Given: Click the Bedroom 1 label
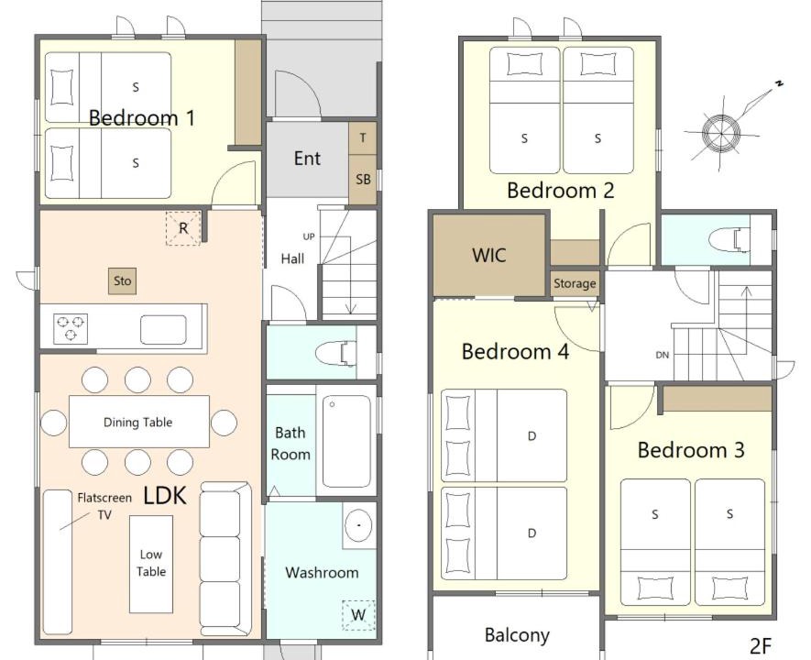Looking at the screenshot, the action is click(x=142, y=118).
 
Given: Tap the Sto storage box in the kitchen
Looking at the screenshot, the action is click(x=123, y=280).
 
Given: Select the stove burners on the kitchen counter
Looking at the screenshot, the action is click(x=71, y=328).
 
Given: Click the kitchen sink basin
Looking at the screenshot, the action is click(x=163, y=329).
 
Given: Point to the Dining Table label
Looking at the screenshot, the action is click(x=138, y=422).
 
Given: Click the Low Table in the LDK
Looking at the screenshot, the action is click(x=151, y=564).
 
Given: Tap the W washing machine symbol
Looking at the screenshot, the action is click(x=358, y=614).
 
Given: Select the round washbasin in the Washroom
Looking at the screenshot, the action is click(x=358, y=525).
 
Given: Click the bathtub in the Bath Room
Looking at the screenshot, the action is click(x=346, y=441).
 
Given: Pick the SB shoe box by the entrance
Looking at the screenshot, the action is click(x=363, y=180).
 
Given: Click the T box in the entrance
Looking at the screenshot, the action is click(x=363, y=138).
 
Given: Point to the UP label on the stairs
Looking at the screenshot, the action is click(x=309, y=236).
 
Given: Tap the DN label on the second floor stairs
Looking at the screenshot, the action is click(x=662, y=355).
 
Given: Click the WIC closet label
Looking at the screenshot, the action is click(x=489, y=255).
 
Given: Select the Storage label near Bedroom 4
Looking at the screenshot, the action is click(x=575, y=283).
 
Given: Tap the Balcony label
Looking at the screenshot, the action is click(x=517, y=635).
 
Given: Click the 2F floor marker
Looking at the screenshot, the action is click(x=761, y=645).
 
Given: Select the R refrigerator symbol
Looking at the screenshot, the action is click(x=183, y=228).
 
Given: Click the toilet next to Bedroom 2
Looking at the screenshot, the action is click(x=729, y=240).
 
